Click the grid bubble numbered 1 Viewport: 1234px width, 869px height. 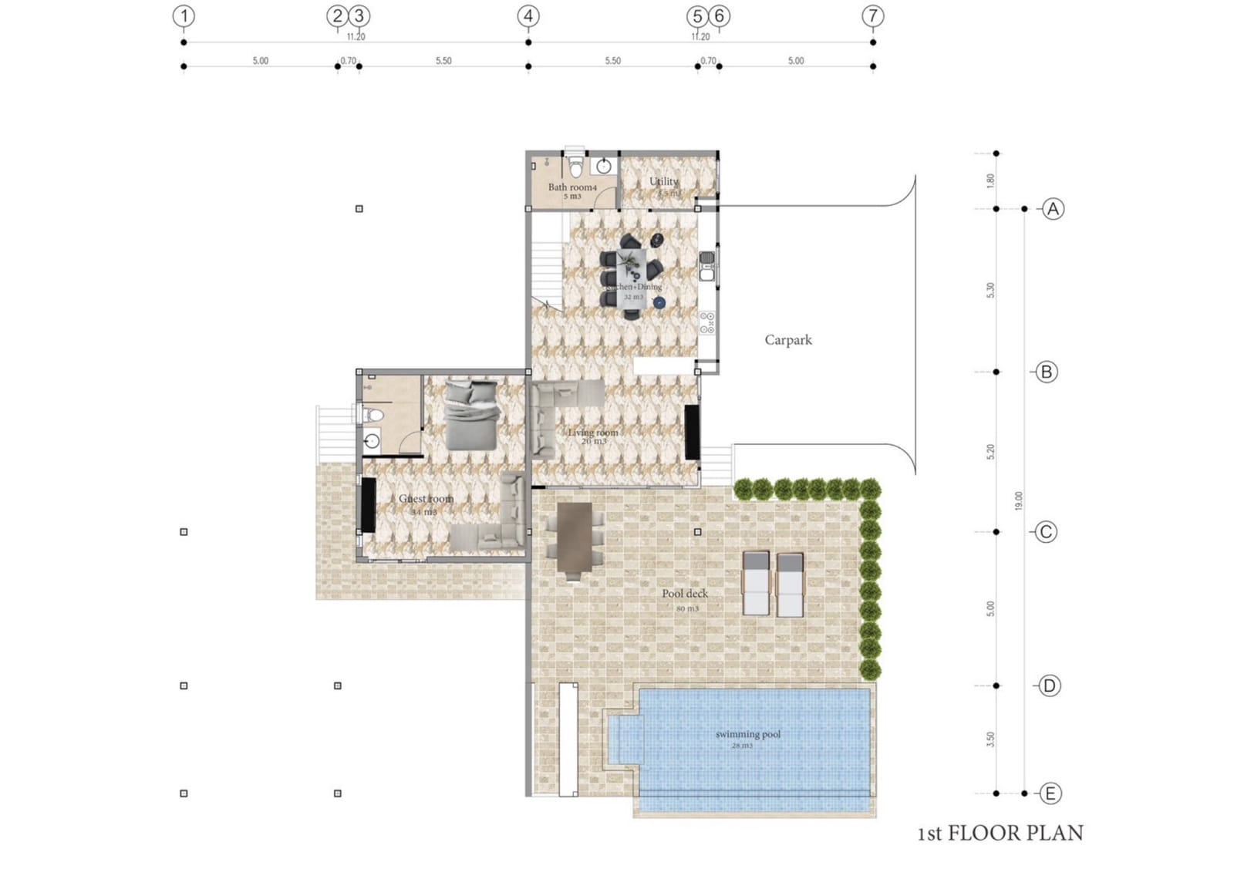coord(184,16)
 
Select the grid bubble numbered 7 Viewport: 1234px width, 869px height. coord(872,16)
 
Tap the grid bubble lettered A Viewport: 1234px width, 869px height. coord(1053,209)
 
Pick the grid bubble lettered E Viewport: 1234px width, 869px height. coord(1050,793)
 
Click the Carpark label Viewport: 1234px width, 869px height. coord(787,340)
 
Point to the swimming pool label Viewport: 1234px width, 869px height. coord(747,735)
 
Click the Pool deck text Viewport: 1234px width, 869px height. coord(684,594)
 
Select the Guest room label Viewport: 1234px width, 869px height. coord(426,499)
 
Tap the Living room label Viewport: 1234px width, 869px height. coord(592,433)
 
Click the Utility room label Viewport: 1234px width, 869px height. coord(663,182)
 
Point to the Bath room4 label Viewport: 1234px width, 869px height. coord(572,187)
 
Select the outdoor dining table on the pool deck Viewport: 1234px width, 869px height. coord(575,540)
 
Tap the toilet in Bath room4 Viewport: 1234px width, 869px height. coord(575,166)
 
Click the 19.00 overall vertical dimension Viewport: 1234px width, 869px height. coord(1018,500)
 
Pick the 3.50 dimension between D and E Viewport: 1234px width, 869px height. coord(990,739)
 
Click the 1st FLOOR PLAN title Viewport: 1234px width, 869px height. coord(1000,834)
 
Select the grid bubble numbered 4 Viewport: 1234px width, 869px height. coord(528,16)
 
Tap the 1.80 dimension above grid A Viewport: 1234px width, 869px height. coord(990,180)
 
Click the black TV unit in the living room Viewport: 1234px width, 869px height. coord(692,432)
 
